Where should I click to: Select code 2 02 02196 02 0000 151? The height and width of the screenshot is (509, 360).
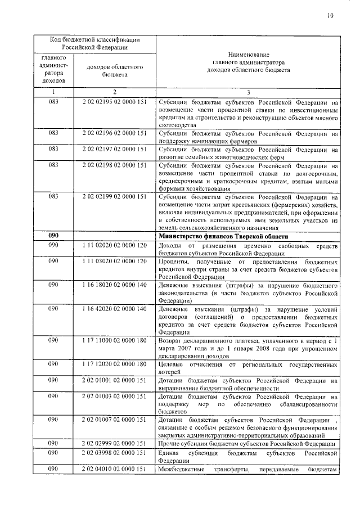pyautogui.click(x=114, y=134)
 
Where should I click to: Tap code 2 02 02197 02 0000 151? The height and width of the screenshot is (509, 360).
pyautogui.click(x=114, y=150)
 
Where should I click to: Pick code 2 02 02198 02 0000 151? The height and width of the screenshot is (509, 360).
pyautogui.click(x=114, y=165)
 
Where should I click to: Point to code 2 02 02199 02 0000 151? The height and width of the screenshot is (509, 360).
pyautogui.click(x=114, y=197)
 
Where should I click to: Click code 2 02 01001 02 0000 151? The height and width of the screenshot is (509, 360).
pyautogui.click(x=114, y=380)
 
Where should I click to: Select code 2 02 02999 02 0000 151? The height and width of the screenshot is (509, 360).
pyautogui.click(x=114, y=444)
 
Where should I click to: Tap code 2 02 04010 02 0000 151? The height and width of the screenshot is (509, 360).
pyautogui.click(x=114, y=469)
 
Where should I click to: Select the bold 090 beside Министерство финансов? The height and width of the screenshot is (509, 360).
pyautogui.click(x=53, y=236)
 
